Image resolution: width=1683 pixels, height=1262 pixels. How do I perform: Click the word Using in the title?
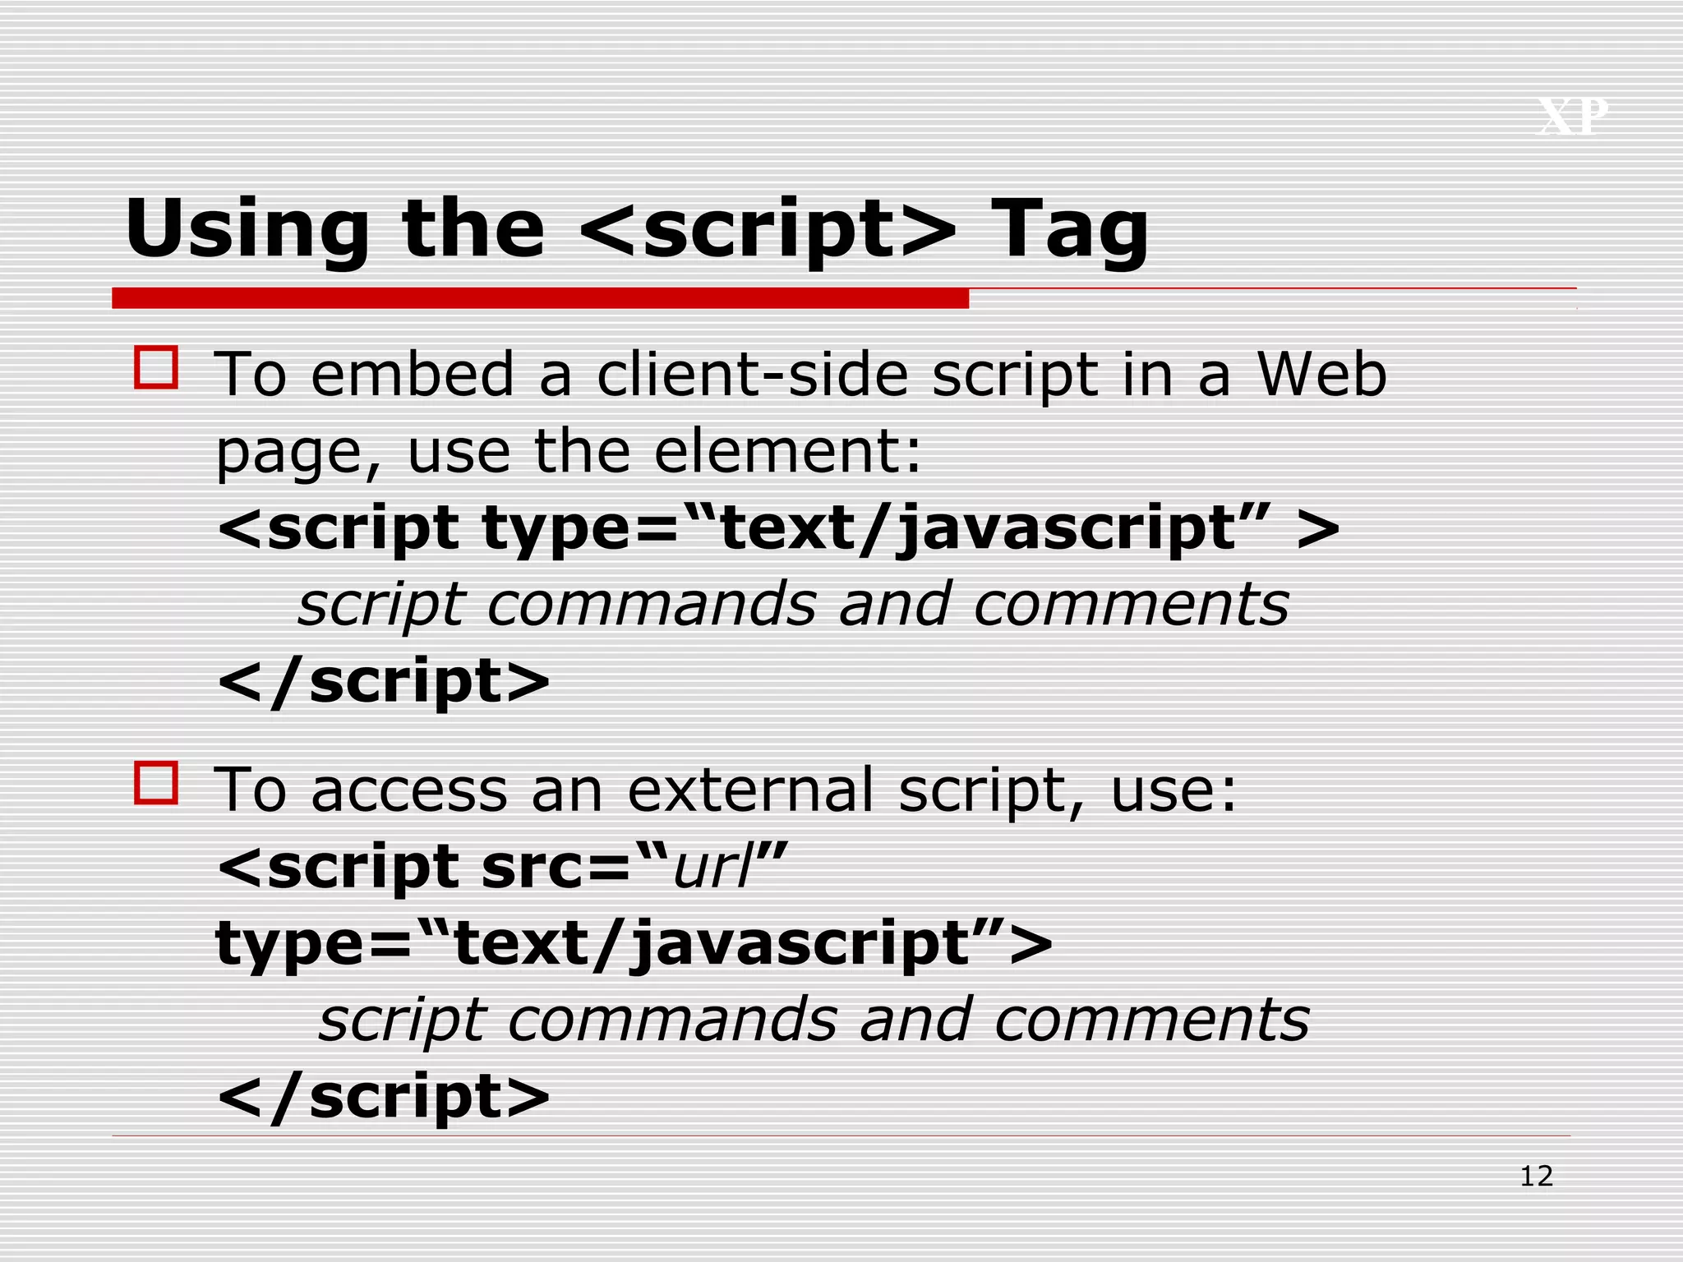click(x=247, y=230)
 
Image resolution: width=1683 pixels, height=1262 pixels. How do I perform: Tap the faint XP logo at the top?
click(x=1572, y=117)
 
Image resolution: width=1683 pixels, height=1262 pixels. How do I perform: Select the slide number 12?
click(x=1536, y=1177)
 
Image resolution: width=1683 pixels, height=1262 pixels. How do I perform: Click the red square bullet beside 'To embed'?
click(x=156, y=367)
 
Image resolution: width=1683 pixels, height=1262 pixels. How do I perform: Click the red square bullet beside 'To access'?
click(x=156, y=782)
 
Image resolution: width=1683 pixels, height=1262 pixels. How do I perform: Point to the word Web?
click(x=1321, y=375)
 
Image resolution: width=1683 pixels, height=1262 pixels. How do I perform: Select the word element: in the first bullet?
click(x=788, y=451)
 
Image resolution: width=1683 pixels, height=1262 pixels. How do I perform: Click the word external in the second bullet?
click(x=750, y=790)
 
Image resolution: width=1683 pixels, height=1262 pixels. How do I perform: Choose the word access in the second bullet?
click(x=409, y=790)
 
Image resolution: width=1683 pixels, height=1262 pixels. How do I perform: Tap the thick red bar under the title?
click(x=540, y=298)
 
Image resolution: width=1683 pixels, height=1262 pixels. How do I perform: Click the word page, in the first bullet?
click(x=298, y=454)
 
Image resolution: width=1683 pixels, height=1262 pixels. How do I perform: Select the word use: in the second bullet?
click(x=1173, y=790)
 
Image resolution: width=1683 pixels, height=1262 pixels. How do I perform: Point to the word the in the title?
click(x=473, y=230)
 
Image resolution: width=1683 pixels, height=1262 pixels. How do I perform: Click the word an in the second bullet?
click(x=567, y=790)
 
